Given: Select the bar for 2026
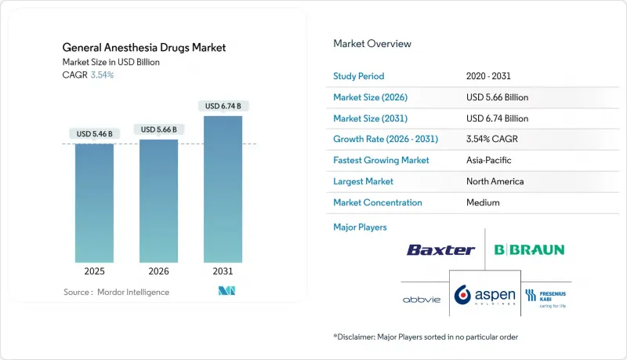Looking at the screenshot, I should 158,202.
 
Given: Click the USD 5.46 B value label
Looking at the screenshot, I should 94,134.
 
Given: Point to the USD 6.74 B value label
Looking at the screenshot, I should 223,106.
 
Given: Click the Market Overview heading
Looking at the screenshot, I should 372,44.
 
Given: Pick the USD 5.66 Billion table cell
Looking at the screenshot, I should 496,98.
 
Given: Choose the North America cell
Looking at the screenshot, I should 494,181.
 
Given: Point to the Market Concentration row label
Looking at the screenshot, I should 378,202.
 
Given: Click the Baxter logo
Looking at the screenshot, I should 440,250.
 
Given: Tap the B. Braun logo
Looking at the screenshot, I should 528,250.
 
